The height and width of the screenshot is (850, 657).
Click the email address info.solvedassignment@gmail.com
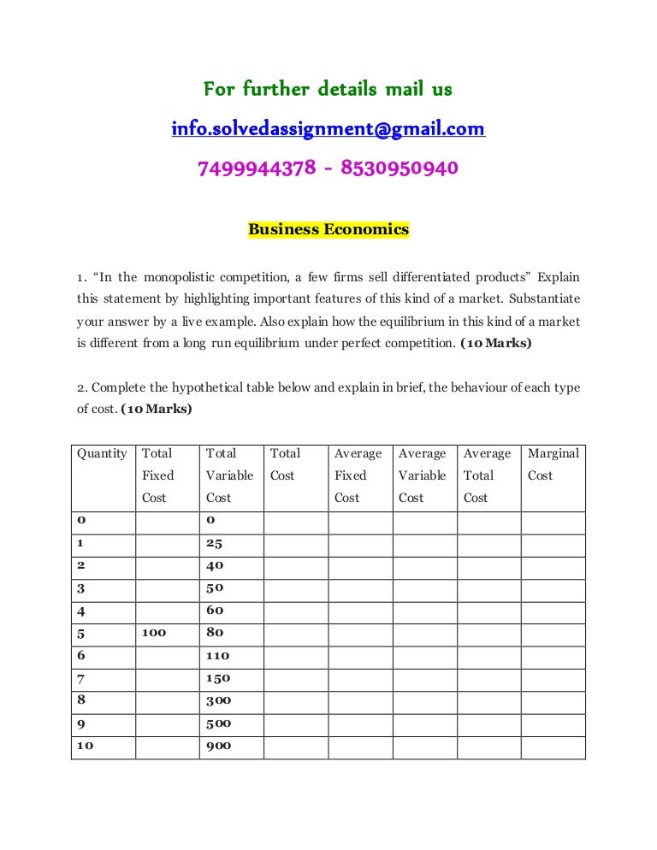(x=328, y=129)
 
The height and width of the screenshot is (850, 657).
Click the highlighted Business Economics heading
(x=328, y=229)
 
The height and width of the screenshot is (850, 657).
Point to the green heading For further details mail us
(x=328, y=89)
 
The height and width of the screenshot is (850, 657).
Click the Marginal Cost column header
(x=553, y=464)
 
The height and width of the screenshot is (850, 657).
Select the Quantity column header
(x=102, y=454)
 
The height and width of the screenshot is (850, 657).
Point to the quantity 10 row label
(x=86, y=746)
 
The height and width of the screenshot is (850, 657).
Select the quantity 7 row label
(x=81, y=679)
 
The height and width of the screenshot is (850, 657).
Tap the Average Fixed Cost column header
(x=358, y=475)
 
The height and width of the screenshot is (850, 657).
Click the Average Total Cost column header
(x=487, y=475)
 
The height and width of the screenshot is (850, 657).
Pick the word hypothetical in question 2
(x=216, y=387)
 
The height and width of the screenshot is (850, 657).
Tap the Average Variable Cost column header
(x=422, y=475)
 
